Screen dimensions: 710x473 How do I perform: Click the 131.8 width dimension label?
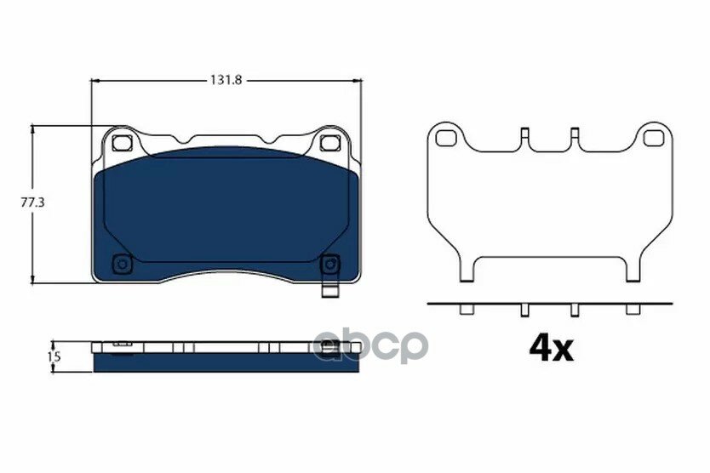coord(226,80)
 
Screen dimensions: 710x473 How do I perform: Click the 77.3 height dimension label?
coord(32,202)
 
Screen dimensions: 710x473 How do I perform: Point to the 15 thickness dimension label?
coord(54,356)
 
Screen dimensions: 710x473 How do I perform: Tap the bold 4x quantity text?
coord(552,349)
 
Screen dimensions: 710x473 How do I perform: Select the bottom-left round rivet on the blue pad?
coord(122,264)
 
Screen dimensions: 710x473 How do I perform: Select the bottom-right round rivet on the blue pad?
coord(329,264)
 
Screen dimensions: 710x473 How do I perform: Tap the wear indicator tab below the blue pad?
coord(330,291)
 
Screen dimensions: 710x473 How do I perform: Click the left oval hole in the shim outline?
coord(446,138)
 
